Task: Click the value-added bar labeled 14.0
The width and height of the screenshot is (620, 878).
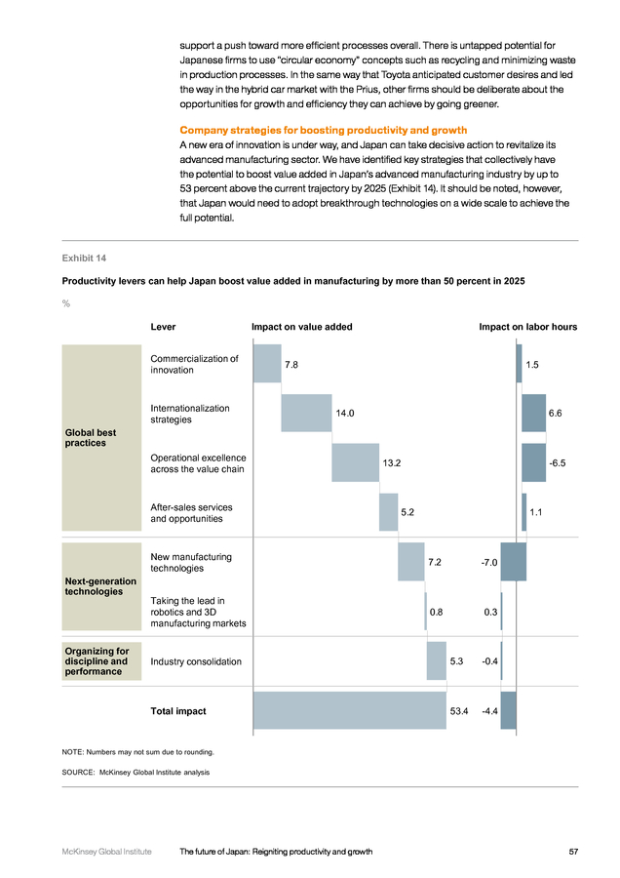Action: coord(306,414)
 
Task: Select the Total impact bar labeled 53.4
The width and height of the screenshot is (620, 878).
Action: coord(350,710)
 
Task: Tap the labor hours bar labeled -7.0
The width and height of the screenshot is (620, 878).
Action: coord(513,562)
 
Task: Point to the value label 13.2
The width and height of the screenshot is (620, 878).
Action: coord(392,463)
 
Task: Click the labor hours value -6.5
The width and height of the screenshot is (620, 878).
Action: coord(558,463)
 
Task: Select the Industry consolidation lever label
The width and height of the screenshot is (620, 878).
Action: coord(196,661)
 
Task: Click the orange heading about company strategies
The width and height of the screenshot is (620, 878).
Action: coord(324,130)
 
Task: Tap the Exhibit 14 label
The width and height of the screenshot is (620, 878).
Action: coord(84,259)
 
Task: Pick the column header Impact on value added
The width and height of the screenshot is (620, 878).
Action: coord(301,327)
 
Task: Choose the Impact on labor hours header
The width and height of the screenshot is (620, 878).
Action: coord(527,327)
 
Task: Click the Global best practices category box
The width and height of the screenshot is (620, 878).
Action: coord(101,438)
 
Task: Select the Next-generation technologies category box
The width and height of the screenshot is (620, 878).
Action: coord(101,586)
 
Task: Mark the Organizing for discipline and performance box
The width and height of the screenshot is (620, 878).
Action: coord(101,661)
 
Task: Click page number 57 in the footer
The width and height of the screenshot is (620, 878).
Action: coord(573,852)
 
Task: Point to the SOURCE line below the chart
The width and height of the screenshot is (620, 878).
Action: coord(136,773)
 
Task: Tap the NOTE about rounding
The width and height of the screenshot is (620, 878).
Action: coord(137,752)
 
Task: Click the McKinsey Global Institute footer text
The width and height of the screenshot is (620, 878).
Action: coord(106,852)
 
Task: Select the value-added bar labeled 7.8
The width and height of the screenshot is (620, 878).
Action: coord(267,364)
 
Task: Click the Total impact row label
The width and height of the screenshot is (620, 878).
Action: coord(178,711)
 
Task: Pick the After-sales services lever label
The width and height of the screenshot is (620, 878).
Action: coord(191,513)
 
